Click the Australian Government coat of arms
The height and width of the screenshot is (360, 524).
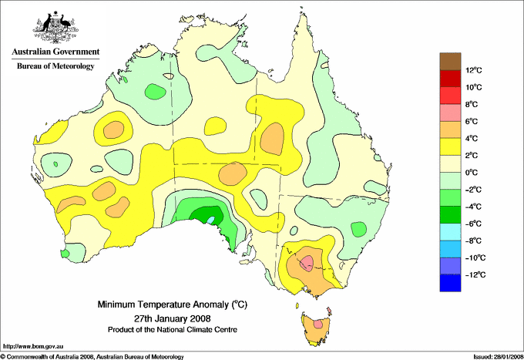click(55, 28)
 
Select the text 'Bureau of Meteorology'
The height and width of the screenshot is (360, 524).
click(55, 66)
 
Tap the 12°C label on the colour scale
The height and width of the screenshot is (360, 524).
click(474, 70)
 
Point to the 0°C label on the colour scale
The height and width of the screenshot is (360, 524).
click(472, 173)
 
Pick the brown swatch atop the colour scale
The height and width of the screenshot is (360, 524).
click(450, 61)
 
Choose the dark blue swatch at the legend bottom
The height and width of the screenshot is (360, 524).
click(450, 283)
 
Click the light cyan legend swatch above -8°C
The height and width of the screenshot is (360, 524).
click(450, 232)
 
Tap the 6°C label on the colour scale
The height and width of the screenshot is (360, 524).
click(472, 121)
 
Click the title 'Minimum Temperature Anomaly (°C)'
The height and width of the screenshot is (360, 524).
click(172, 304)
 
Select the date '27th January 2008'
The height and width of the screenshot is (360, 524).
click(173, 318)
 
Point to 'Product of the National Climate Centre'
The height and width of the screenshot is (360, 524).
click(173, 330)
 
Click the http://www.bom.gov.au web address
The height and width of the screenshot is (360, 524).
click(33, 347)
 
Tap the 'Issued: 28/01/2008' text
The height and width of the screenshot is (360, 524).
click(498, 357)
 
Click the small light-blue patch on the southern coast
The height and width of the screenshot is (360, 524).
click(210, 220)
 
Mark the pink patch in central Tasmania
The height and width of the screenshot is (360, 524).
click(318, 323)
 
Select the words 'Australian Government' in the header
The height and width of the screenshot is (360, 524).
click(55, 52)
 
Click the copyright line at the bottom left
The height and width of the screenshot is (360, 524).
click(92, 357)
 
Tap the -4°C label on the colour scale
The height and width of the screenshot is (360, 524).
click(474, 207)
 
